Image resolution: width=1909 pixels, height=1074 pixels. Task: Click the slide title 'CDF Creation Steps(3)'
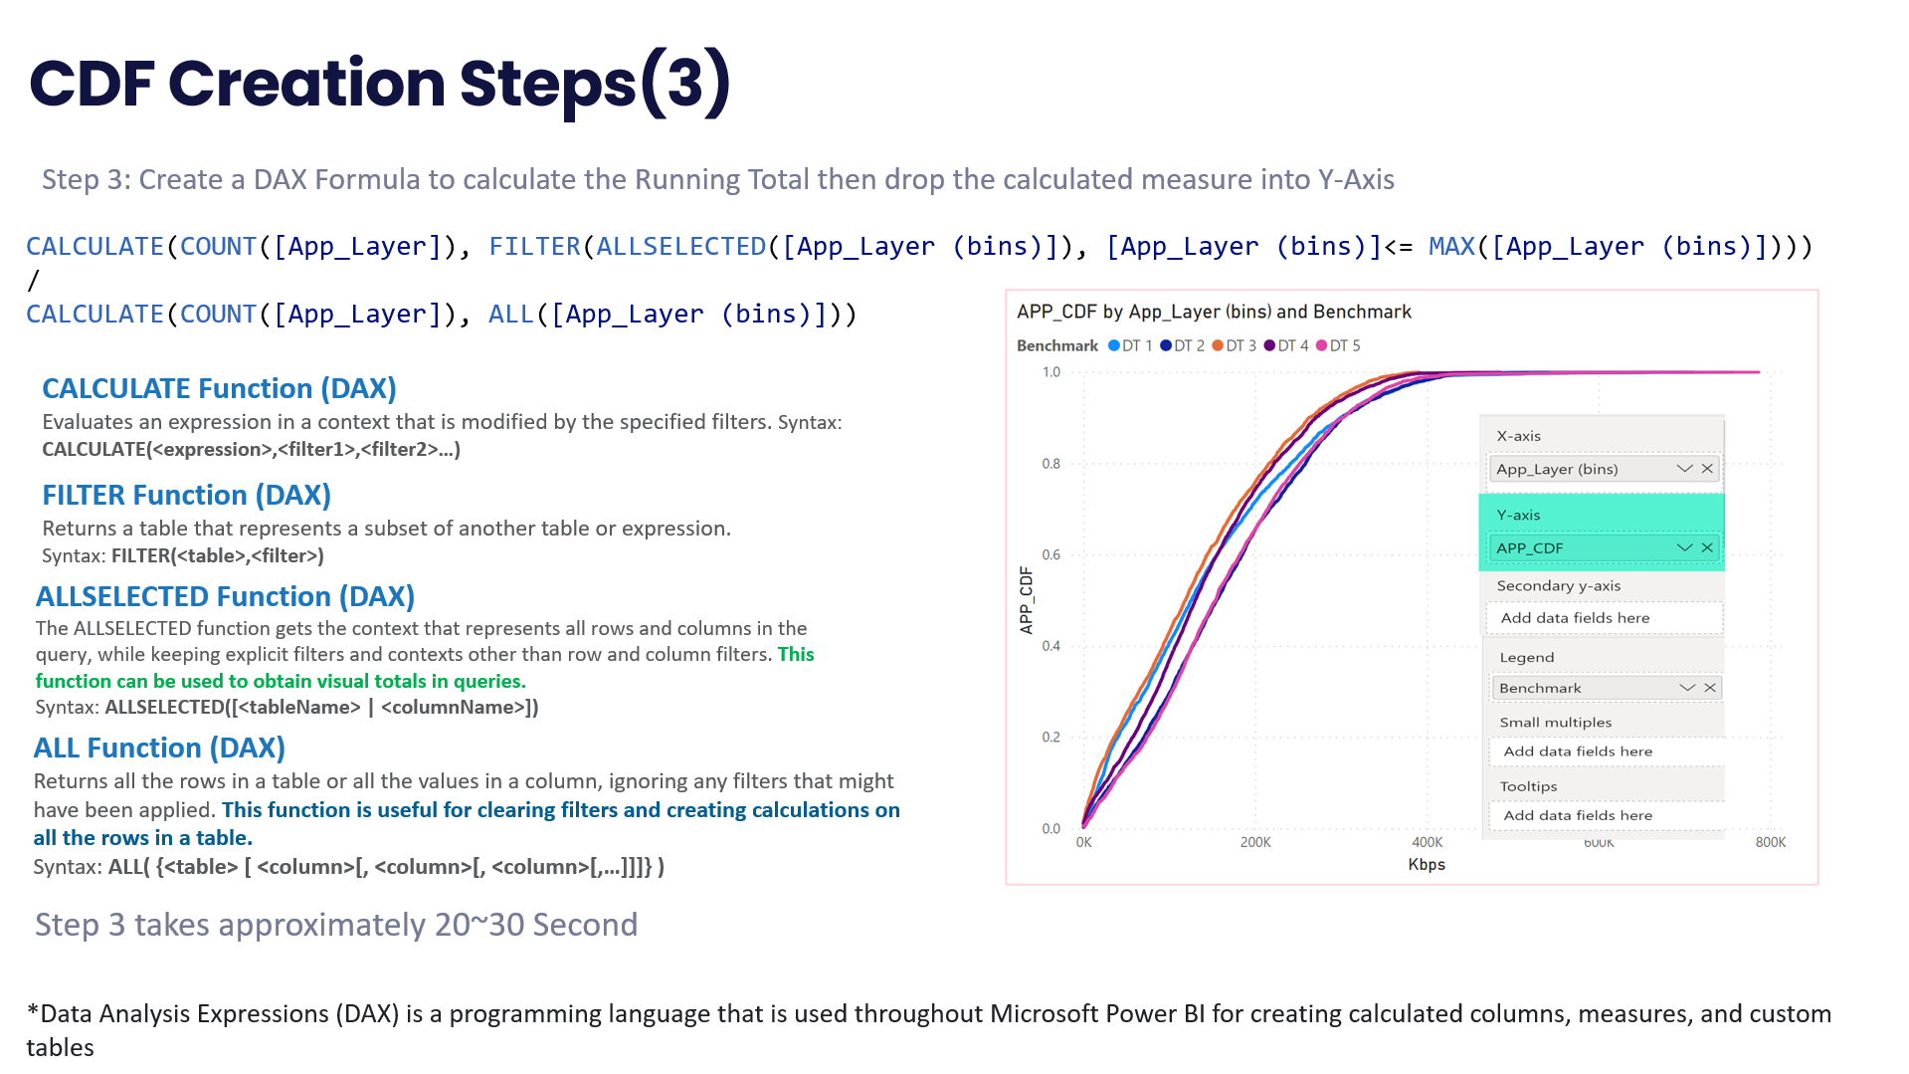pos(380,84)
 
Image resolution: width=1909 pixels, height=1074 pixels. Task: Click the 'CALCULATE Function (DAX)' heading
pos(219,388)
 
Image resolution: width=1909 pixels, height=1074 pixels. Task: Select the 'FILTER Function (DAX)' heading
pos(186,495)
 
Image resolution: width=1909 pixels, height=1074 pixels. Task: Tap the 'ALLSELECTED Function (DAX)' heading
pos(225,596)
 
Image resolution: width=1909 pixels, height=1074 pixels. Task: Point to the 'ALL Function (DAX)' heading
pos(159,748)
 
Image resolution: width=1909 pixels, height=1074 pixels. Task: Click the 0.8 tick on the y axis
pos(1051,464)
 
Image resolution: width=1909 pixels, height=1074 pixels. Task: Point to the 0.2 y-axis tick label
pos(1051,738)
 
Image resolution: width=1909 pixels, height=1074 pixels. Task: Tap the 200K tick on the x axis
pos(1255,843)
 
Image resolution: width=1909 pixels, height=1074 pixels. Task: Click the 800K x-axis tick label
pos(1771,843)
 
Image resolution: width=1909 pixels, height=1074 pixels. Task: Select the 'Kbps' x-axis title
pos(1427,865)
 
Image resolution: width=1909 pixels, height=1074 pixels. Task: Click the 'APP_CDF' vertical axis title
pos(1027,600)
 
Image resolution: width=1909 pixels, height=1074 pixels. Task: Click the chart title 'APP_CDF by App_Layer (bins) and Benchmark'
pos(1214,312)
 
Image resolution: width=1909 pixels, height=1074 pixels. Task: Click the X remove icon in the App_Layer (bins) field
pos(1707,469)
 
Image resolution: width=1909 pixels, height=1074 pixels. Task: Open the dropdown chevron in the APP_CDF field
pos(1684,547)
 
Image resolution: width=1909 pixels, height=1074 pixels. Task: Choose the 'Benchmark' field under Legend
pos(1540,688)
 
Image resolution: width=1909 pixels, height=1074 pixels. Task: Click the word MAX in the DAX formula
pos(1451,246)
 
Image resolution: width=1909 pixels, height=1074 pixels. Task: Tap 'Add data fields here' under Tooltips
pos(1578,815)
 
